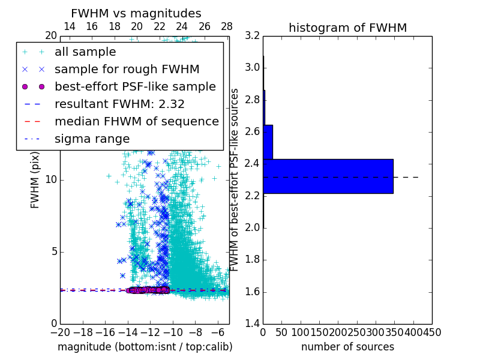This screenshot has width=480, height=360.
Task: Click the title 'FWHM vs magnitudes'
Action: [136, 13]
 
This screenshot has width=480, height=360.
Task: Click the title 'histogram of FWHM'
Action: [347, 28]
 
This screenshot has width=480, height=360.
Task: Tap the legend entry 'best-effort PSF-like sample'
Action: [135, 86]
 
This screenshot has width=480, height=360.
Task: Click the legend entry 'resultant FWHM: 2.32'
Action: [119, 104]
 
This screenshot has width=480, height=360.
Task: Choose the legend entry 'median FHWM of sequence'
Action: [136, 121]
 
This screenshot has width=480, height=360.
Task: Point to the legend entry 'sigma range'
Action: [92, 139]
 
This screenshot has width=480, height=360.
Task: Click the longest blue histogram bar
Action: [328, 176]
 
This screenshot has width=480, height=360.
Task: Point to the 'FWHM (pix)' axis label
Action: [35, 179]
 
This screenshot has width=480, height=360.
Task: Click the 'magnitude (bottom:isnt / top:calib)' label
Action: [145, 347]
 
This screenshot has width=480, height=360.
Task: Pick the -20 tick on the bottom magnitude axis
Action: [60, 332]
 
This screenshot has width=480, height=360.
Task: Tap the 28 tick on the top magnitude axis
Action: [227, 27]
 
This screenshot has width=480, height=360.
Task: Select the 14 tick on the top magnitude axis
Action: [69, 27]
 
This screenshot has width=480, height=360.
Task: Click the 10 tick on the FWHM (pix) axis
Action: [50, 180]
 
